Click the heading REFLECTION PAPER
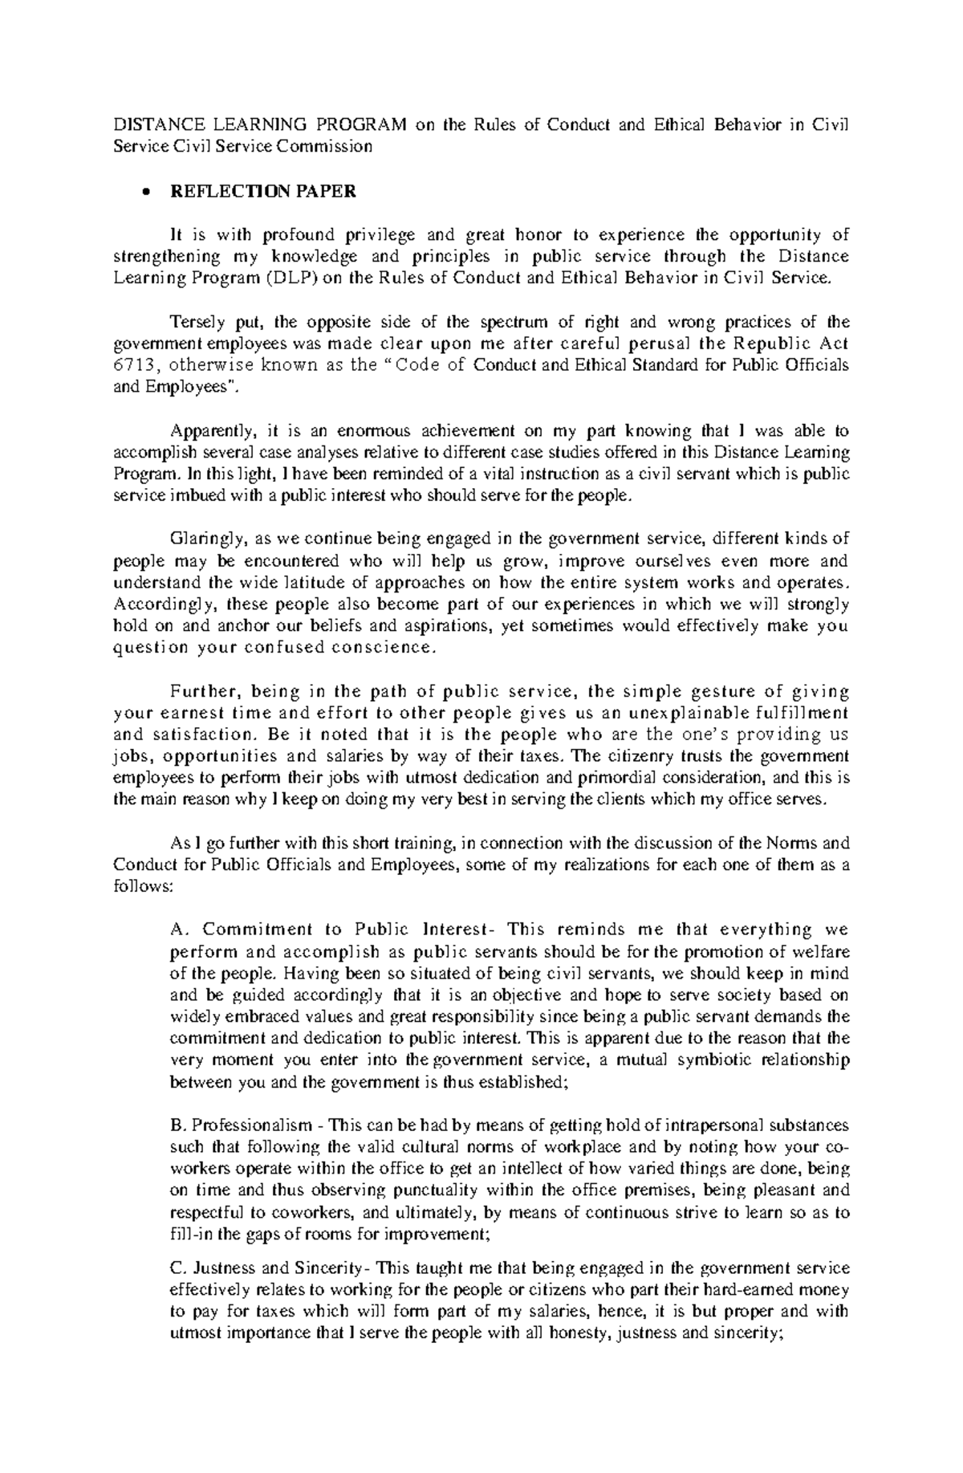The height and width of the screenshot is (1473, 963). click(261, 192)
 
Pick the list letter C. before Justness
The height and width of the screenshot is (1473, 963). click(178, 1268)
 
